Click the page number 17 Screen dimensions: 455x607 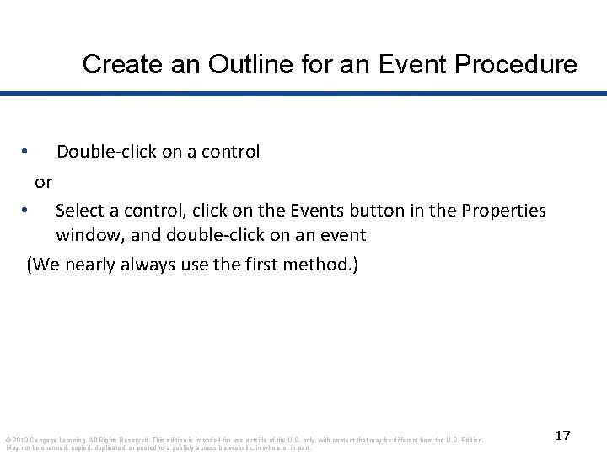pos(563,435)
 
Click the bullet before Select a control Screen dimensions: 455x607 pos(26,210)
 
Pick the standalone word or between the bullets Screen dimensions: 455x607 pos(43,181)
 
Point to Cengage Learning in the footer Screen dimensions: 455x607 pos(64,439)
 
